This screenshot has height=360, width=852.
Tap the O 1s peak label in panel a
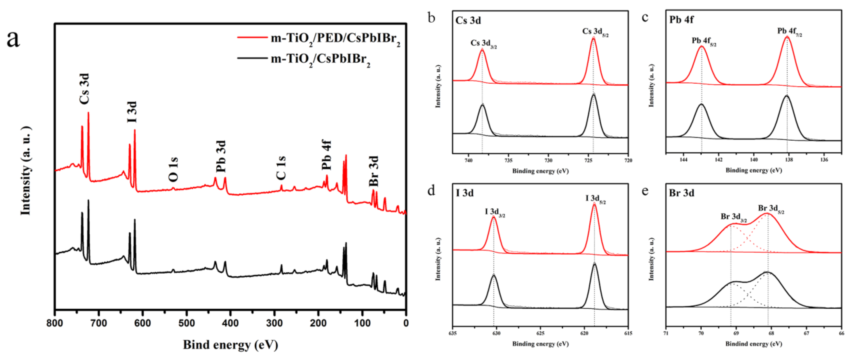point(173,169)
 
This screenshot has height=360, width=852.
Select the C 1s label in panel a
point(281,168)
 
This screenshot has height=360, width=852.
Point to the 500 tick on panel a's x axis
point(186,323)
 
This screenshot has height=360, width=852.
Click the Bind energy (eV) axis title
point(230,344)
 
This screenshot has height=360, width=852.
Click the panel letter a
point(13,39)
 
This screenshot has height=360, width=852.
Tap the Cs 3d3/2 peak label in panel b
point(483,44)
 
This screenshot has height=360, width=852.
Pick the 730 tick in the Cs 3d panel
point(548,161)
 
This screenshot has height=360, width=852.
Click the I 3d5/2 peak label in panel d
point(595,199)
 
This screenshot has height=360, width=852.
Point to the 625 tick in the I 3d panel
point(540,333)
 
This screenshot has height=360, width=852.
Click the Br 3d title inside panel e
point(681,193)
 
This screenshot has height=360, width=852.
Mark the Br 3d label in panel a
point(374,171)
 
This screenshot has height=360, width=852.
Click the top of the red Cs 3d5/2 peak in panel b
point(593,38)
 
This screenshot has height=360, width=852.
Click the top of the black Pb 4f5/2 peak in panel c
point(702,105)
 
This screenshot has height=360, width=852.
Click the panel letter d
point(431,191)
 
